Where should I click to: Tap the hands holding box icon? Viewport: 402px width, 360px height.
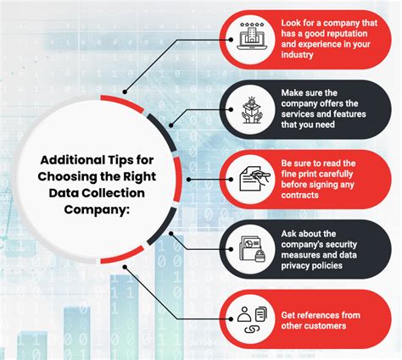[252, 108]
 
